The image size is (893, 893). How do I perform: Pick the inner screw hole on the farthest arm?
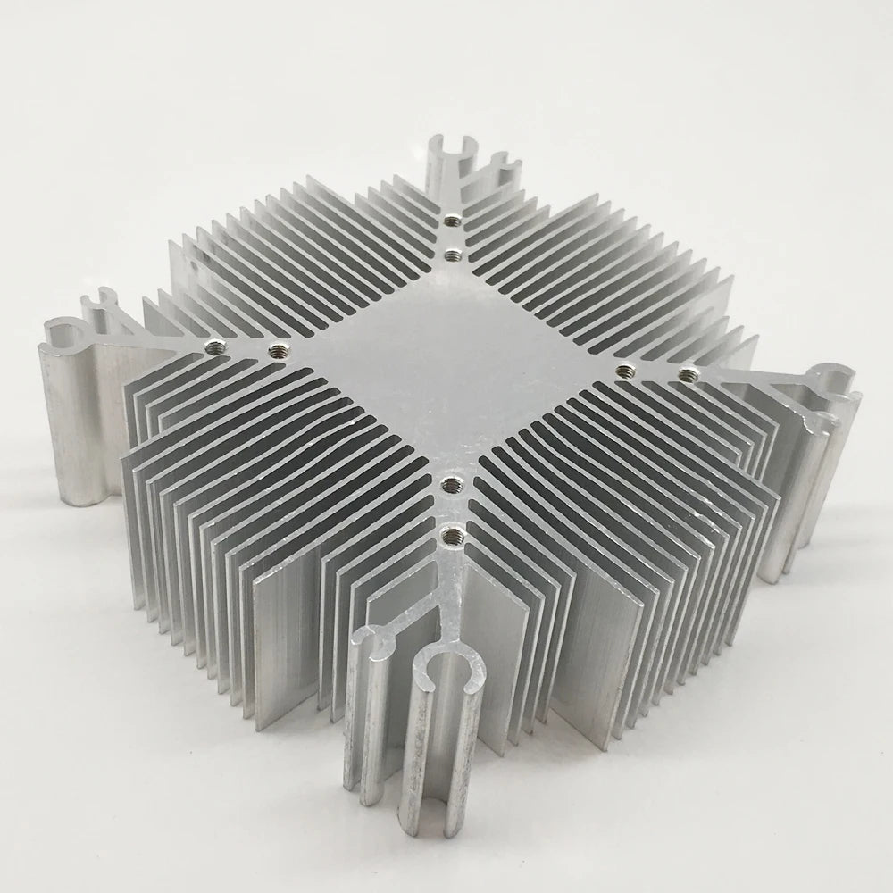453,255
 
